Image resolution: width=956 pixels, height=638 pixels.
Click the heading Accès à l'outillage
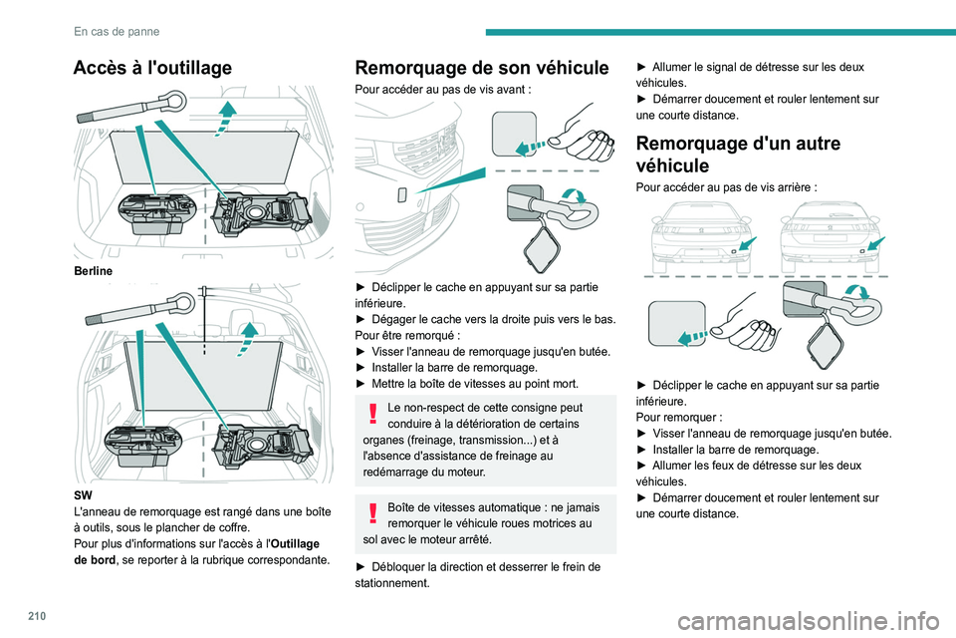tap(152, 68)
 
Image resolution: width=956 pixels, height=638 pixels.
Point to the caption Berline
tap(93, 270)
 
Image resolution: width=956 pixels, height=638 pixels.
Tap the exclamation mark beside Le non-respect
tap(372, 414)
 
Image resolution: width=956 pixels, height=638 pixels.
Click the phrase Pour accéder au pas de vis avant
tap(432, 88)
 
